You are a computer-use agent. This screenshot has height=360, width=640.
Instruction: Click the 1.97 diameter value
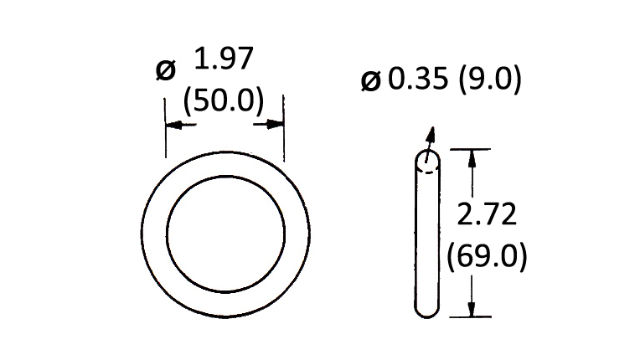(224, 59)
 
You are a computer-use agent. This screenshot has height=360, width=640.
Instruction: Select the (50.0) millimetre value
(224, 100)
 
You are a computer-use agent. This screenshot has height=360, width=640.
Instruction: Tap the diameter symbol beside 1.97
(166, 69)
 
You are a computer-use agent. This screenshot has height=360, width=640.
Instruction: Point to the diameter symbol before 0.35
(370, 80)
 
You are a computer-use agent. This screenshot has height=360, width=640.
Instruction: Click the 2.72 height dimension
(487, 213)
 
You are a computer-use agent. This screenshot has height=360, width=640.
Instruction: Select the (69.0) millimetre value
(487, 257)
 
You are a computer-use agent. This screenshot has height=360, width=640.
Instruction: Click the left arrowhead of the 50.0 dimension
(174, 125)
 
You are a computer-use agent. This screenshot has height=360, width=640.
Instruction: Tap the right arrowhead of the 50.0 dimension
(275, 124)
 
